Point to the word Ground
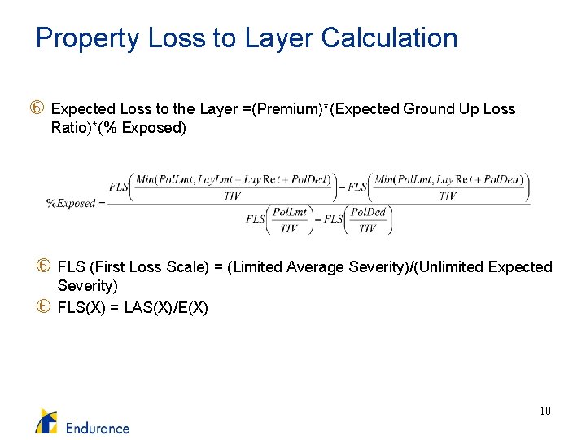pyautogui.click(x=427, y=109)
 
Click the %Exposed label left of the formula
pyautogui.click(x=71, y=203)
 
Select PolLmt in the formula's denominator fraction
pyautogui.click(x=290, y=212)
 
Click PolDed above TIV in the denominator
pyautogui.click(x=369, y=212)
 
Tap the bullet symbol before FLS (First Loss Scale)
pyautogui.click(x=44, y=267)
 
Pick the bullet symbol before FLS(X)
pyautogui.click(x=44, y=307)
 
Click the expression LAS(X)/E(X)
pyautogui.click(x=166, y=307)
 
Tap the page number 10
pyautogui.click(x=544, y=411)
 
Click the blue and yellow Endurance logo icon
pyautogui.click(x=46, y=420)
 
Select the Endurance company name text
pyautogui.click(x=98, y=427)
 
